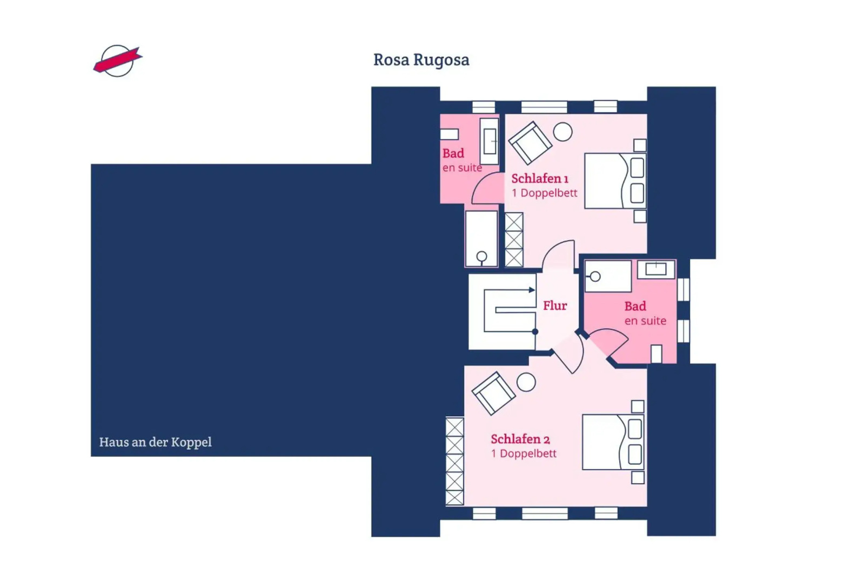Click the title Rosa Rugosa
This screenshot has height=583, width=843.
coord(421,59)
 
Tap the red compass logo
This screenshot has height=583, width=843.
coord(117,60)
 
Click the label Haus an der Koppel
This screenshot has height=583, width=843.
coord(155,442)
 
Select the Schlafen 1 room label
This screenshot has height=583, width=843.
coord(539,179)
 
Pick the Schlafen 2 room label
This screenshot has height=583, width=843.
coord(520,439)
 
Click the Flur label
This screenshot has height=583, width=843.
coord(555,306)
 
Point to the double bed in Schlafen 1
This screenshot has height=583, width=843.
coord(615,181)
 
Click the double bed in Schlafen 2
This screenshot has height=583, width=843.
coord(613,442)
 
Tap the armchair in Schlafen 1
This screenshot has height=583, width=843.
coord(530,143)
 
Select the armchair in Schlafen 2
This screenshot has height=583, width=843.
coord(493,393)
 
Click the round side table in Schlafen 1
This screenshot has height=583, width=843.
coord(563,132)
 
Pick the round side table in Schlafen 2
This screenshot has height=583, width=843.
coord(526,382)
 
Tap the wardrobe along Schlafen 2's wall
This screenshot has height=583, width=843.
coord(454,462)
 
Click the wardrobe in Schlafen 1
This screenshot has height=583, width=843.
coord(514,240)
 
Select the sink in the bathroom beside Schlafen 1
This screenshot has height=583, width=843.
coord(490,141)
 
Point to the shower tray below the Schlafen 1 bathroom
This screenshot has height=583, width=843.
coord(481,239)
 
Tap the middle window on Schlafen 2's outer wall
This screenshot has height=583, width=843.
coord(544,513)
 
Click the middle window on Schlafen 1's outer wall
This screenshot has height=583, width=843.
coord(544,107)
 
